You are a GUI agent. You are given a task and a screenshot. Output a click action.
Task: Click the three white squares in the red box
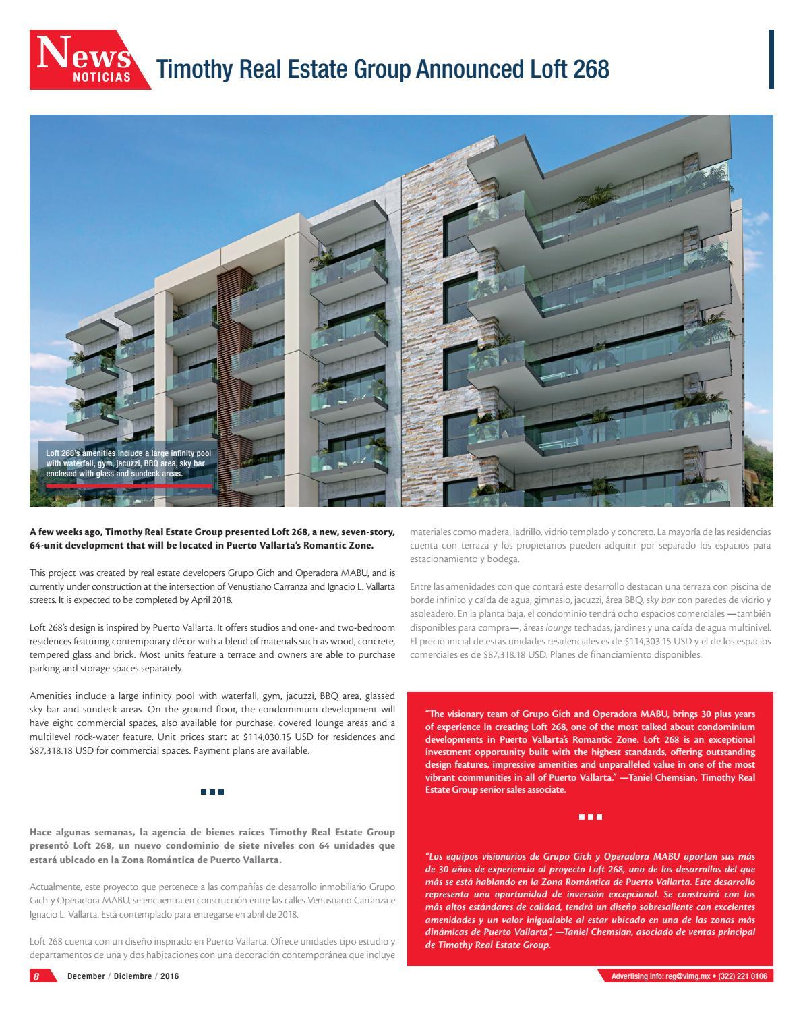(590, 817)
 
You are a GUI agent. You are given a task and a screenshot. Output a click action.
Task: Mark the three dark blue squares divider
(212, 791)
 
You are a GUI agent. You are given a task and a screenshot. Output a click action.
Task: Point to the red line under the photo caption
(129, 486)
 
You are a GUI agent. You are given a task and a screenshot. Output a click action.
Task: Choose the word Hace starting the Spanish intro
(42, 832)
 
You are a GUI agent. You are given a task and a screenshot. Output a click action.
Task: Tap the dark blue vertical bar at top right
(771, 59)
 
